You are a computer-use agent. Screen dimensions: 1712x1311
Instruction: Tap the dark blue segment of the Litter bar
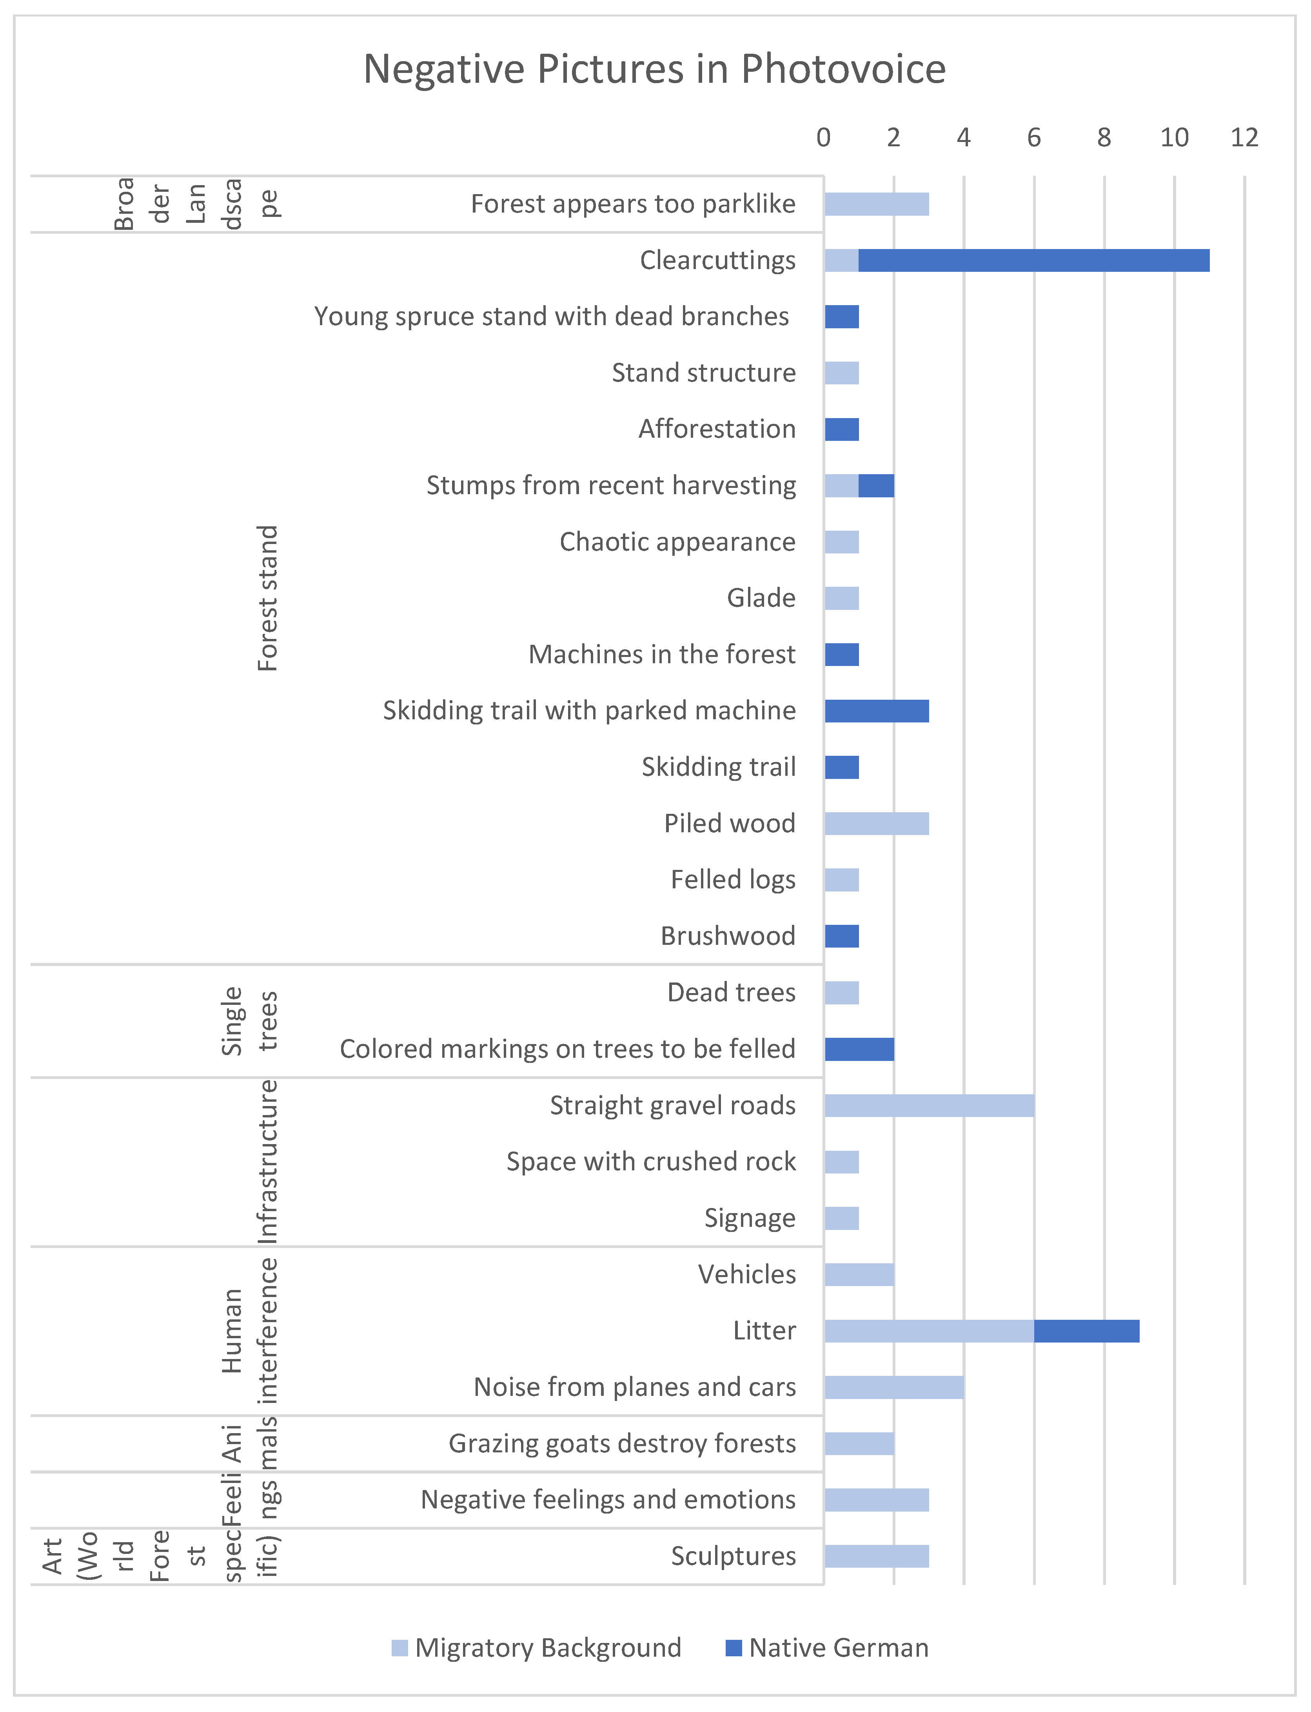point(1086,1331)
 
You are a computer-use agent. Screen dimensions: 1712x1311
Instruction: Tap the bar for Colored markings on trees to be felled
point(859,1049)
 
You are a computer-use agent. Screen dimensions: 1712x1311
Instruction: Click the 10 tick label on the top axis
point(1174,138)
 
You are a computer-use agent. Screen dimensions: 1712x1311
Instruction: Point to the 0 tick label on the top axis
point(823,138)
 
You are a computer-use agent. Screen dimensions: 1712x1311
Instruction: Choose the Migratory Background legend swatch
point(399,1648)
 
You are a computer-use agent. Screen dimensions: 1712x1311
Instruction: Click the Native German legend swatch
point(734,1648)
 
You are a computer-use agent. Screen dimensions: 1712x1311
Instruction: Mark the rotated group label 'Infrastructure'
point(268,1162)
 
